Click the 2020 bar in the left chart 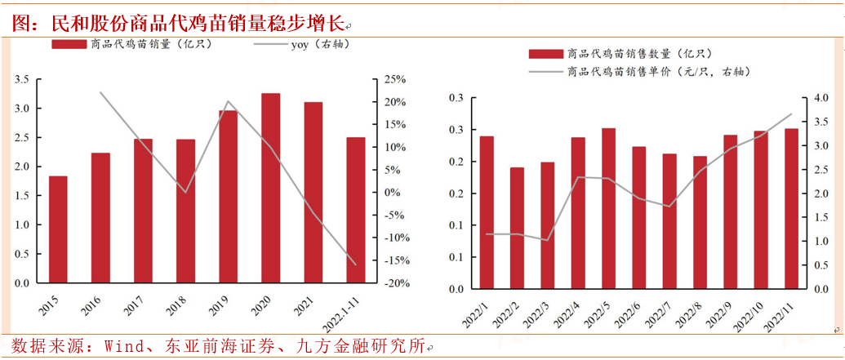pos(270,189)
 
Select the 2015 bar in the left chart pos(58,229)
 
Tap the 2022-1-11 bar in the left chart pos(356,211)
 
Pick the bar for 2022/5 pos(608,208)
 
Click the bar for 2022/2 pos(517,228)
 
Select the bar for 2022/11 pos(791,208)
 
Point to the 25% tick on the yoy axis pos(395,79)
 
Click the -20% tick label pos(395,283)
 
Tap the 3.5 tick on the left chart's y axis pos(22,79)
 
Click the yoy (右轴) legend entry pos(309,44)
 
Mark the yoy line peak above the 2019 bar pos(228,102)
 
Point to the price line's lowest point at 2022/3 pos(547,240)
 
